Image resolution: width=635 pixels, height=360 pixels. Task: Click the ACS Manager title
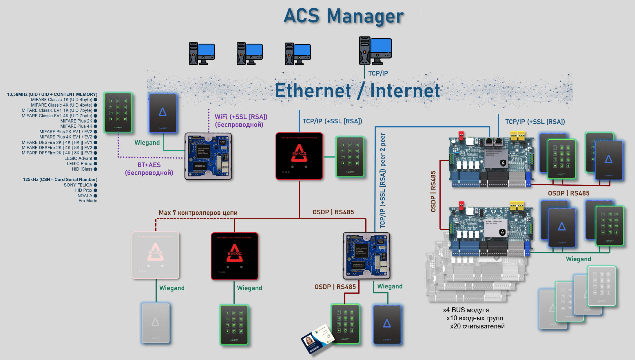coord(344,16)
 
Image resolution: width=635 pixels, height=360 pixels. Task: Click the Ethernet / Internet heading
coord(357,91)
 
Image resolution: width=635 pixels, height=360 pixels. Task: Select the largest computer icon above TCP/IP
coord(375,50)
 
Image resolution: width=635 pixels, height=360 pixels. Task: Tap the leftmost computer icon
coord(202,54)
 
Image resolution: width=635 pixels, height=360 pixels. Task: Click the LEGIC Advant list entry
coord(78,158)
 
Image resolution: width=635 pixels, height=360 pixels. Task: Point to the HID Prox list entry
coord(83,190)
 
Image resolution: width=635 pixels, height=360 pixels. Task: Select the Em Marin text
coord(88,201)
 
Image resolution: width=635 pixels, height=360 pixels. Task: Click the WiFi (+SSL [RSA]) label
coord(241,117)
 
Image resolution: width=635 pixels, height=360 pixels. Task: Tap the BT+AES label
coord(149,165)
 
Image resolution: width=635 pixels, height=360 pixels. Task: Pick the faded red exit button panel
coord(156,255)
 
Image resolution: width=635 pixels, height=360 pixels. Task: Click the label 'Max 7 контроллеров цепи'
coord(198,213)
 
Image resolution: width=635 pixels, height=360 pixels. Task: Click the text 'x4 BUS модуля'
coord(466,310)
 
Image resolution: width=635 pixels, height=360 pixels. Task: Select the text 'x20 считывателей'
coord(477,326)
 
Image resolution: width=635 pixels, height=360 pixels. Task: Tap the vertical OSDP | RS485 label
coord(433,191)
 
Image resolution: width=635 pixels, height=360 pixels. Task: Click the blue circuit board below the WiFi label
coord(208,156)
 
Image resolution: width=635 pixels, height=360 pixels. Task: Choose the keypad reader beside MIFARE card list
coord(118,112)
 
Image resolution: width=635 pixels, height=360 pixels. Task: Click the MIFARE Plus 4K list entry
coord(76,126)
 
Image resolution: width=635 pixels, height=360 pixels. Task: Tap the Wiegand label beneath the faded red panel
coord(172,288)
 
